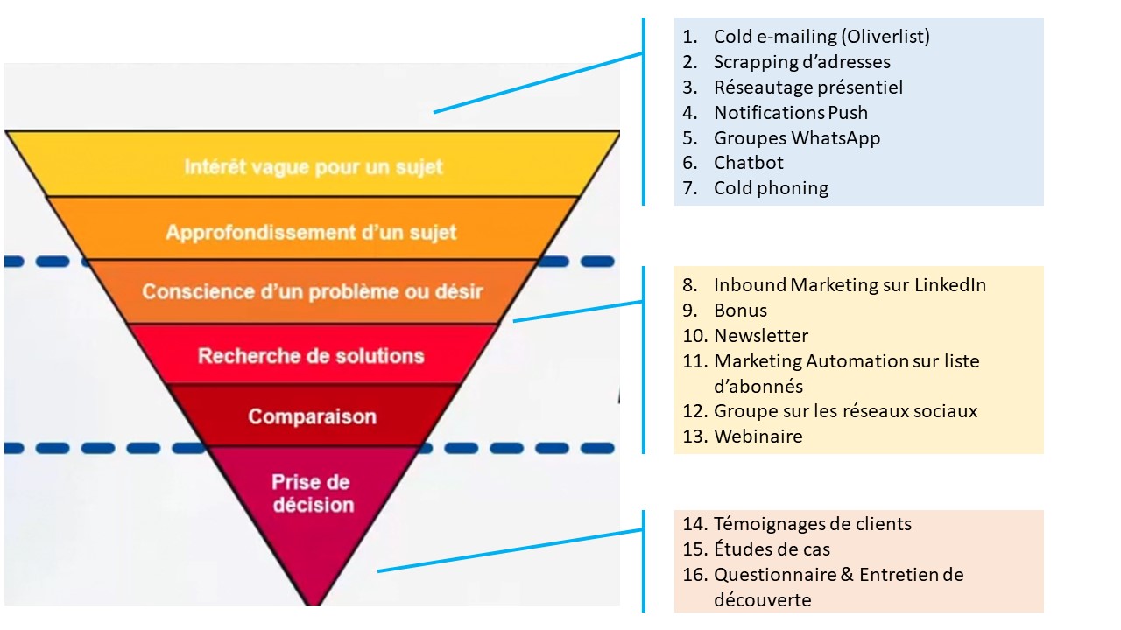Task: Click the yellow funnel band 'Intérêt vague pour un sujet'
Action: [x=314, y=166]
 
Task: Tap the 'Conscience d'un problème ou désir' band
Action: [x=313, y=291]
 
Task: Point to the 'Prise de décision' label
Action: [x=313, y=493]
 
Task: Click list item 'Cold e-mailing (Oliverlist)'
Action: [x=821, y=37]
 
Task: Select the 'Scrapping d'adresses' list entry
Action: [x=801, y=62]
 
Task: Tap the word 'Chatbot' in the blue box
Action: [x=748, y=163]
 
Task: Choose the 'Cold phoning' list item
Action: [x=771, y=188]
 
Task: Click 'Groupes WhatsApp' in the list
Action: [x=797, y=138]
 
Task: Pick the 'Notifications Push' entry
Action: [x=791, y=113]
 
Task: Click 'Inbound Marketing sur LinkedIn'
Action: [x=850, y=285]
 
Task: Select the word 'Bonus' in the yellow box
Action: [x=740, y=311]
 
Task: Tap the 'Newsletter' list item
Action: [x=761, y=335]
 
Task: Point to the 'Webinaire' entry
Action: [x=758, y=437]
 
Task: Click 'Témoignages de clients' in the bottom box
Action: [x=812, y=524]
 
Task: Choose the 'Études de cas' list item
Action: [x=772, y=549]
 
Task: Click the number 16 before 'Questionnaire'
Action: [x=694, y=575]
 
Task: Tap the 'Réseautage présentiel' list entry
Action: [x=808, y=87]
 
